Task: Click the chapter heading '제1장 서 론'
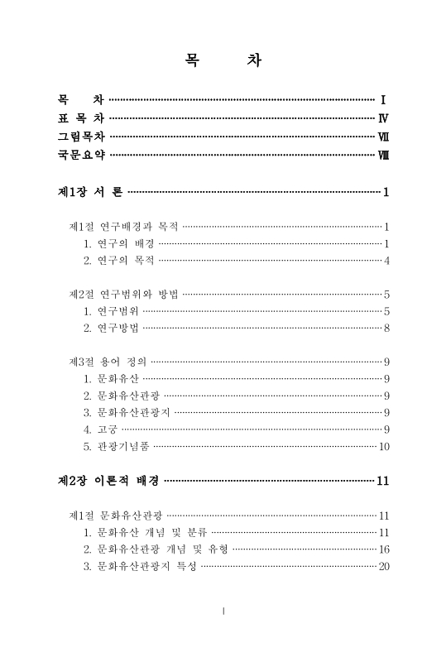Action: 90,193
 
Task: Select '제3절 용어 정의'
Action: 108,362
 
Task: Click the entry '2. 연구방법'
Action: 111,329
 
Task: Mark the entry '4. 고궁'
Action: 100,429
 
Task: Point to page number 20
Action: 383,567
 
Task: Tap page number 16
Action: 383,549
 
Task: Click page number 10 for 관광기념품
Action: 383,447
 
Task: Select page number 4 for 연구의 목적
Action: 386,261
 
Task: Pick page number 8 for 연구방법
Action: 386,329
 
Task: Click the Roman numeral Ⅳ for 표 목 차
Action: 383,118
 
